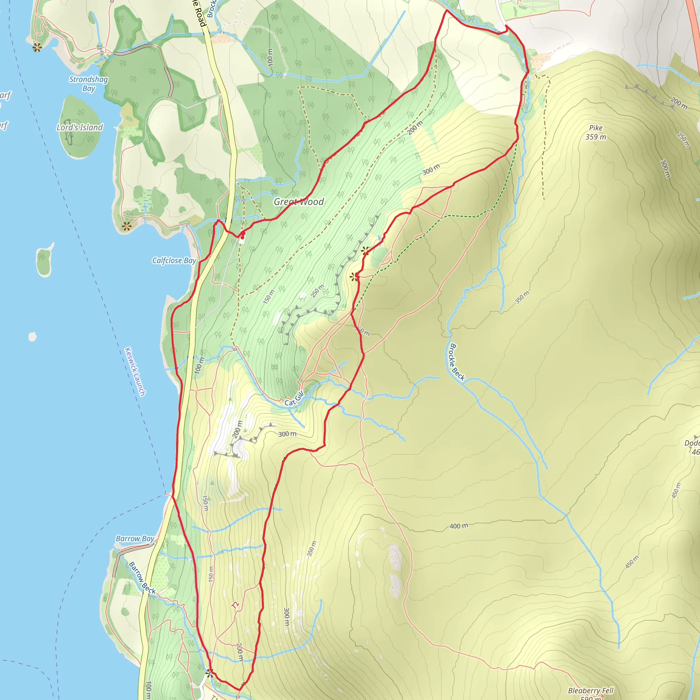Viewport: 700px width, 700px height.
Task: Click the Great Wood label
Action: [x=298, y=202]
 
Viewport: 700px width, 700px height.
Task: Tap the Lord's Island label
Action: [x=80, y=127]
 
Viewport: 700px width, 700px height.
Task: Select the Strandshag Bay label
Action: [x=89, y=84]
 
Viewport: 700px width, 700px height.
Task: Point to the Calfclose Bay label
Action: [x=174, y=260]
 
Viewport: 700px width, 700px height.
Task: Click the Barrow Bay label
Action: [x=135, y=539]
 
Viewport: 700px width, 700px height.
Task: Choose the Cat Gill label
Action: [x=294, y=399]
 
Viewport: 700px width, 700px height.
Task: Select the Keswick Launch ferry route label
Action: [x=135, y=372]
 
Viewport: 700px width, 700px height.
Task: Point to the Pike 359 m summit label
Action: [x=596, y=132]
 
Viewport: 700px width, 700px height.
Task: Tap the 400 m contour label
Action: [x=459, y=526]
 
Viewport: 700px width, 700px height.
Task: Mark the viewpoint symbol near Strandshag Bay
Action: [x=37, y=47]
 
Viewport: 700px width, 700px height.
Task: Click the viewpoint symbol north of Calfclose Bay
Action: [x=126, y=227]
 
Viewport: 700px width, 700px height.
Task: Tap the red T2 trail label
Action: [x=235, y=605]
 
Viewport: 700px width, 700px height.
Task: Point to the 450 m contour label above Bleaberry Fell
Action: [x=632, y=562]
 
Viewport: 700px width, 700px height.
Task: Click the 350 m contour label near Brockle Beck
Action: [x=522, y=297]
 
